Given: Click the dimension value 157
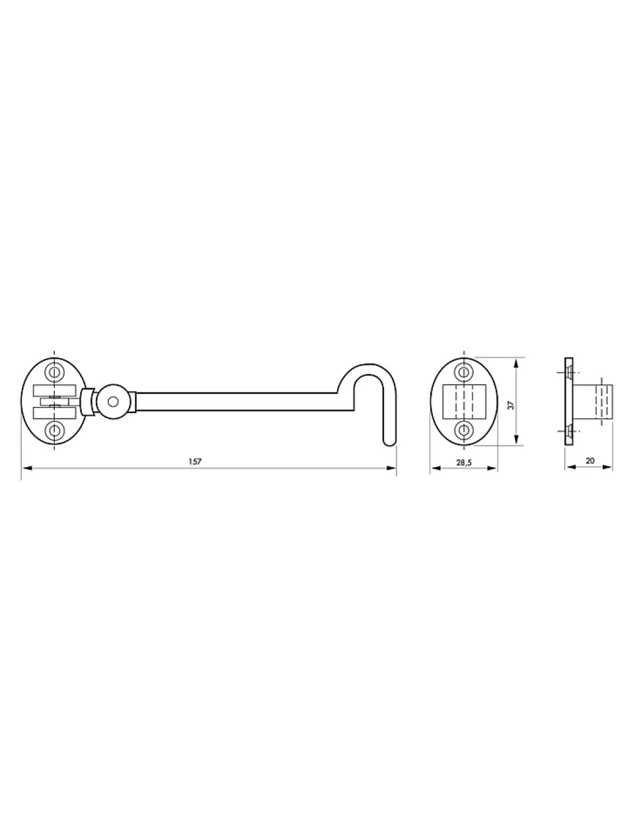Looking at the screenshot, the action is coord(195,461).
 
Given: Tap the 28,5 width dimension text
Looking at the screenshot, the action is coord(464,463).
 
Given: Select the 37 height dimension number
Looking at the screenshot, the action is coord(511,405).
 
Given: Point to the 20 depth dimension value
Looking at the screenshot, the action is coord(590,461).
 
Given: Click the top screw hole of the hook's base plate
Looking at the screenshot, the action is coord(54,371).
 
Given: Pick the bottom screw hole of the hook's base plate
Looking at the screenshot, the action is coord(54,430).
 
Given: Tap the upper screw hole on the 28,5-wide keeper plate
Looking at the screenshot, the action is coord(463,371).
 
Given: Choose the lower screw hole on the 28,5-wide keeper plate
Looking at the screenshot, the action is coord(463,430).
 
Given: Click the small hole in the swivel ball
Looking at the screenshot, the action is coord(113,402).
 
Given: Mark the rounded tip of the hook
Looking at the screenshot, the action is coord(390,443).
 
